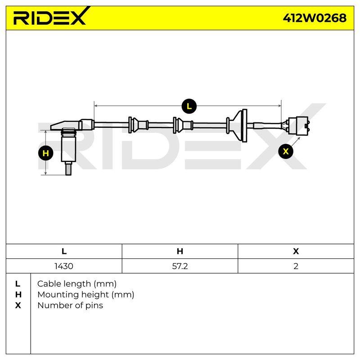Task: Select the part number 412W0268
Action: point(315,18)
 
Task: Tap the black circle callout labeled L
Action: point(189,106)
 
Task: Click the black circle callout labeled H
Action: point(46,153)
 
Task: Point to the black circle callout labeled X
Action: point(286,151)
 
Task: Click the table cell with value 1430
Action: point(64,266)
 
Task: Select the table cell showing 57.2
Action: point(180,266)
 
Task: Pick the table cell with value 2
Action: point(296,266)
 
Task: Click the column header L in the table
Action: point(64,251)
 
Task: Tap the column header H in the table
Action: point(180,251)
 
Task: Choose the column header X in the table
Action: point(296,251)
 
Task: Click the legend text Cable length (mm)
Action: point(76,284)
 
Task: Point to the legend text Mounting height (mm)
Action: point(85,295)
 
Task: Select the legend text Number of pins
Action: point(70,306)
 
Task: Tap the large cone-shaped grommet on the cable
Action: point(238,126)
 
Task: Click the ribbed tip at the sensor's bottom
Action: point(68,168)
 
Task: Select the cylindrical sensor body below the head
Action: point(68,145)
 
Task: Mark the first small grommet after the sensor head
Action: point(138,125)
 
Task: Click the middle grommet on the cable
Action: point(183,125)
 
